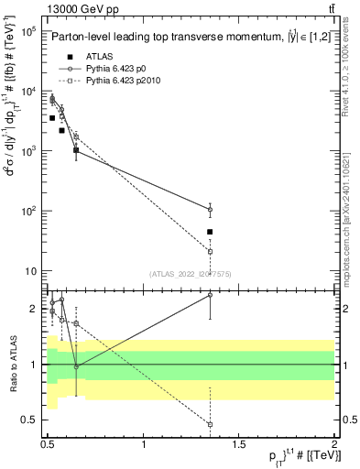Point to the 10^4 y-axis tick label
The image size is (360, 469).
[27, 91]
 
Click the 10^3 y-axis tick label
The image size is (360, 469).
[27, 151]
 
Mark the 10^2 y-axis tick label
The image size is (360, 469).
[27, 211]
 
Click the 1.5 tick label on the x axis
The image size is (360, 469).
[239, 443]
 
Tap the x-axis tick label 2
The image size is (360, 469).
[333, 443]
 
